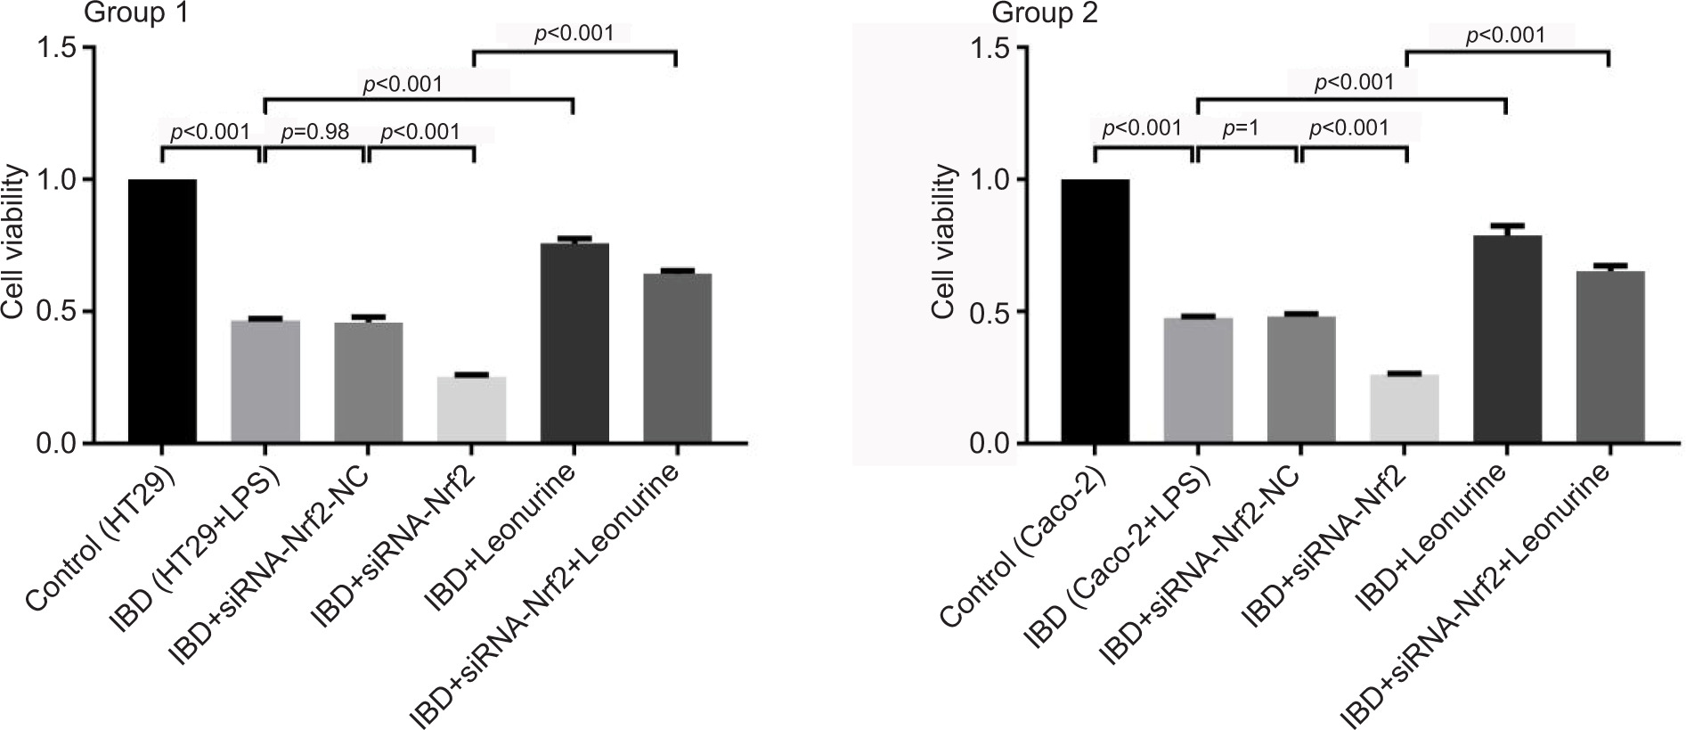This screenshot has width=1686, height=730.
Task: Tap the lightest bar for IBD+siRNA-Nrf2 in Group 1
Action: click(x=472, y=410)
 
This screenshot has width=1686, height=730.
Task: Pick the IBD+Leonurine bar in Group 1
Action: click(x=574, y=343)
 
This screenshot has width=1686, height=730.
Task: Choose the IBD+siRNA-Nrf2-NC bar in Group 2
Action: click(x=1301, y=380)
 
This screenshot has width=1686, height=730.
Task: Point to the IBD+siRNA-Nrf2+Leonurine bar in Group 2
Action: click(x=1609, y=357)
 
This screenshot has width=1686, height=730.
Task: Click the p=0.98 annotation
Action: click(x=315, y=133)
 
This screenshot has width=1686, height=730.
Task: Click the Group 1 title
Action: click(x=142, y=15)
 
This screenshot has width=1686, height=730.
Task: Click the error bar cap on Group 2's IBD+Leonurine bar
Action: click(x=1507, y=226)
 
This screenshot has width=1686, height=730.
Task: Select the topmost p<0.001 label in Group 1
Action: click(x=574, y=35)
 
